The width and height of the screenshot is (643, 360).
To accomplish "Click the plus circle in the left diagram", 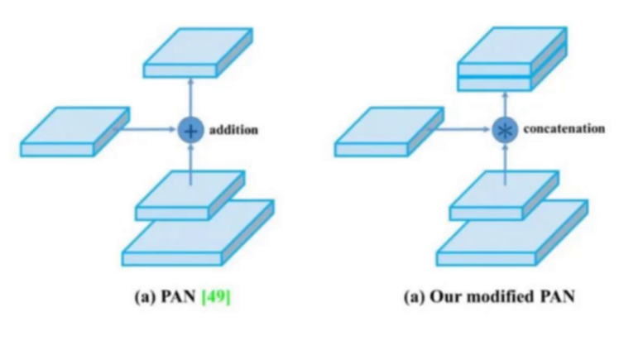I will point(190,130).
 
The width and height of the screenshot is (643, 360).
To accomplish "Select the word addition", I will point(234,130).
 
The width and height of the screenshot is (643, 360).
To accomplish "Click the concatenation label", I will point(563,129).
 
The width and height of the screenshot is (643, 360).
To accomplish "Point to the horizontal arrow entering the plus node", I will point(149,129).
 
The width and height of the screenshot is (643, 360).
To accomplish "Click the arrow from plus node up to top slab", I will point(190,98).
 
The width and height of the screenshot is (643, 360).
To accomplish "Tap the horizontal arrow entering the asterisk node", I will point(463,129).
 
